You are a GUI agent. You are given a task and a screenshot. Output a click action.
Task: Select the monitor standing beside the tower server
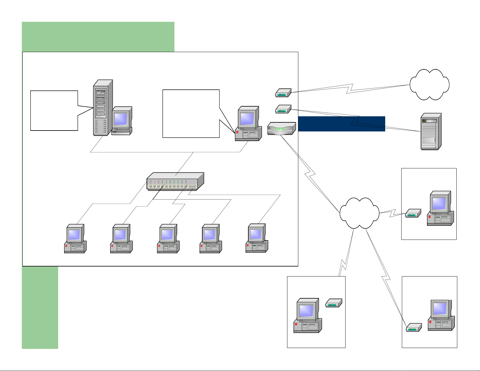pyautogui.click(x=122, y=121)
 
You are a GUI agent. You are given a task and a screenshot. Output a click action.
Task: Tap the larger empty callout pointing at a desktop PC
pyautogui.click(x=191, y=114)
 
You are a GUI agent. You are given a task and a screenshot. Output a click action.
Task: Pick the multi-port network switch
pyautogui.click(x=175, y=182)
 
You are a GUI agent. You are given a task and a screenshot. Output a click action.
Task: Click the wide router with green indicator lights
pyautogui.click(x=281, y=128)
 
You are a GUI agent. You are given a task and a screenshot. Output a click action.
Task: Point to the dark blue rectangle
pyautogui.click(x=342, y=124)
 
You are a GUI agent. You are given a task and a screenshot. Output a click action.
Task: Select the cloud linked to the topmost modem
pyautogui.click(x=429, y=84)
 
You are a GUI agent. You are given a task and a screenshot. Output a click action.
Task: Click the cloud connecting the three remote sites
pyautogui.click(x=359, y=213)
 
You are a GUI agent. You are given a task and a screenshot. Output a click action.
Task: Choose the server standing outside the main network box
pyautogui.click(x=431, y=132)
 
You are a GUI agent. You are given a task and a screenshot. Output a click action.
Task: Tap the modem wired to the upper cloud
pyautogui.click(x=283, y=93)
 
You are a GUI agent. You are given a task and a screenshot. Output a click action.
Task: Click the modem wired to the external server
pyautogui.click(x=283, y=109)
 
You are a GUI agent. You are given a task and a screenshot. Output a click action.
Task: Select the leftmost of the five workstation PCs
pyautogui.click(x=75, y=239)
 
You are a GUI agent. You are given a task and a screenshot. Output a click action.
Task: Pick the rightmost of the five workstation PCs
pyautogui.click(x=257, y=238)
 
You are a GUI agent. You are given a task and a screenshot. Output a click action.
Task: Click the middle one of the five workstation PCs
pyautogui.click(x=168, y=239)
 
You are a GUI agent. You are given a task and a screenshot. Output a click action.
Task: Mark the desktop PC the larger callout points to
pyautogui.click(x=248, y=124)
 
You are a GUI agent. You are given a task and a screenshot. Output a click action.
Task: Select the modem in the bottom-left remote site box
pyautogui.click(x=334, y=303)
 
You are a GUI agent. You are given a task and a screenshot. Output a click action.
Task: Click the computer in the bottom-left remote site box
pyautogui.click(x=307, y=316)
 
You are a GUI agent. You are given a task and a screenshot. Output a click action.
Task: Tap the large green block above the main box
pyautogui.click(x=98, y=37)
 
